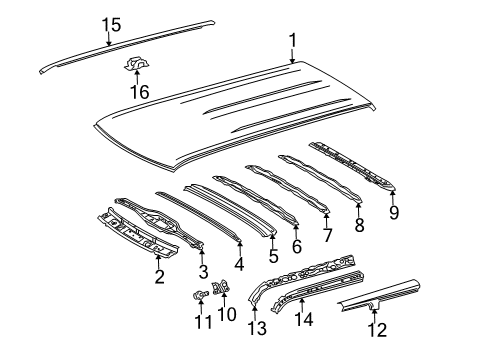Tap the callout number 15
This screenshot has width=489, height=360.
coord(109,25)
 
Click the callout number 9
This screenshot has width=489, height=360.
coord(393,211)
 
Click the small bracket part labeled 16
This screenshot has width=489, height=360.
coord(133,66)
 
